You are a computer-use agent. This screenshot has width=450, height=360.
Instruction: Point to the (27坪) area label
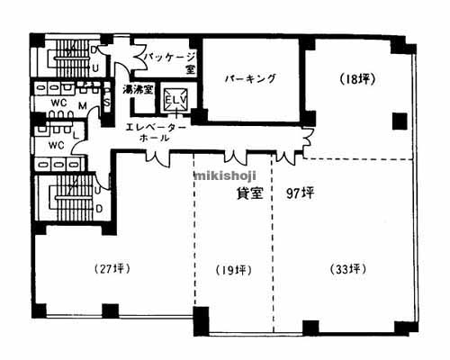click(x=115, y=269)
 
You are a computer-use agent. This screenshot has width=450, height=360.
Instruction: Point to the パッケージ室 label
click(x=166, y=61)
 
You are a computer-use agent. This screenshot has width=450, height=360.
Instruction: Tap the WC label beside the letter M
click(x=58, y=103)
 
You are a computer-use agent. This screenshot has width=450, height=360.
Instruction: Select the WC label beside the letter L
click(x=56, y=144)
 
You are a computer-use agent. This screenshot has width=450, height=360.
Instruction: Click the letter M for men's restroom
click(x=82, y=105)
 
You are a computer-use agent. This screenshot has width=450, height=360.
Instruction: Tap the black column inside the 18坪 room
click(x=398, y=121)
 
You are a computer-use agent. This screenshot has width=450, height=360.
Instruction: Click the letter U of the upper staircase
click(x=94, y=65)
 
